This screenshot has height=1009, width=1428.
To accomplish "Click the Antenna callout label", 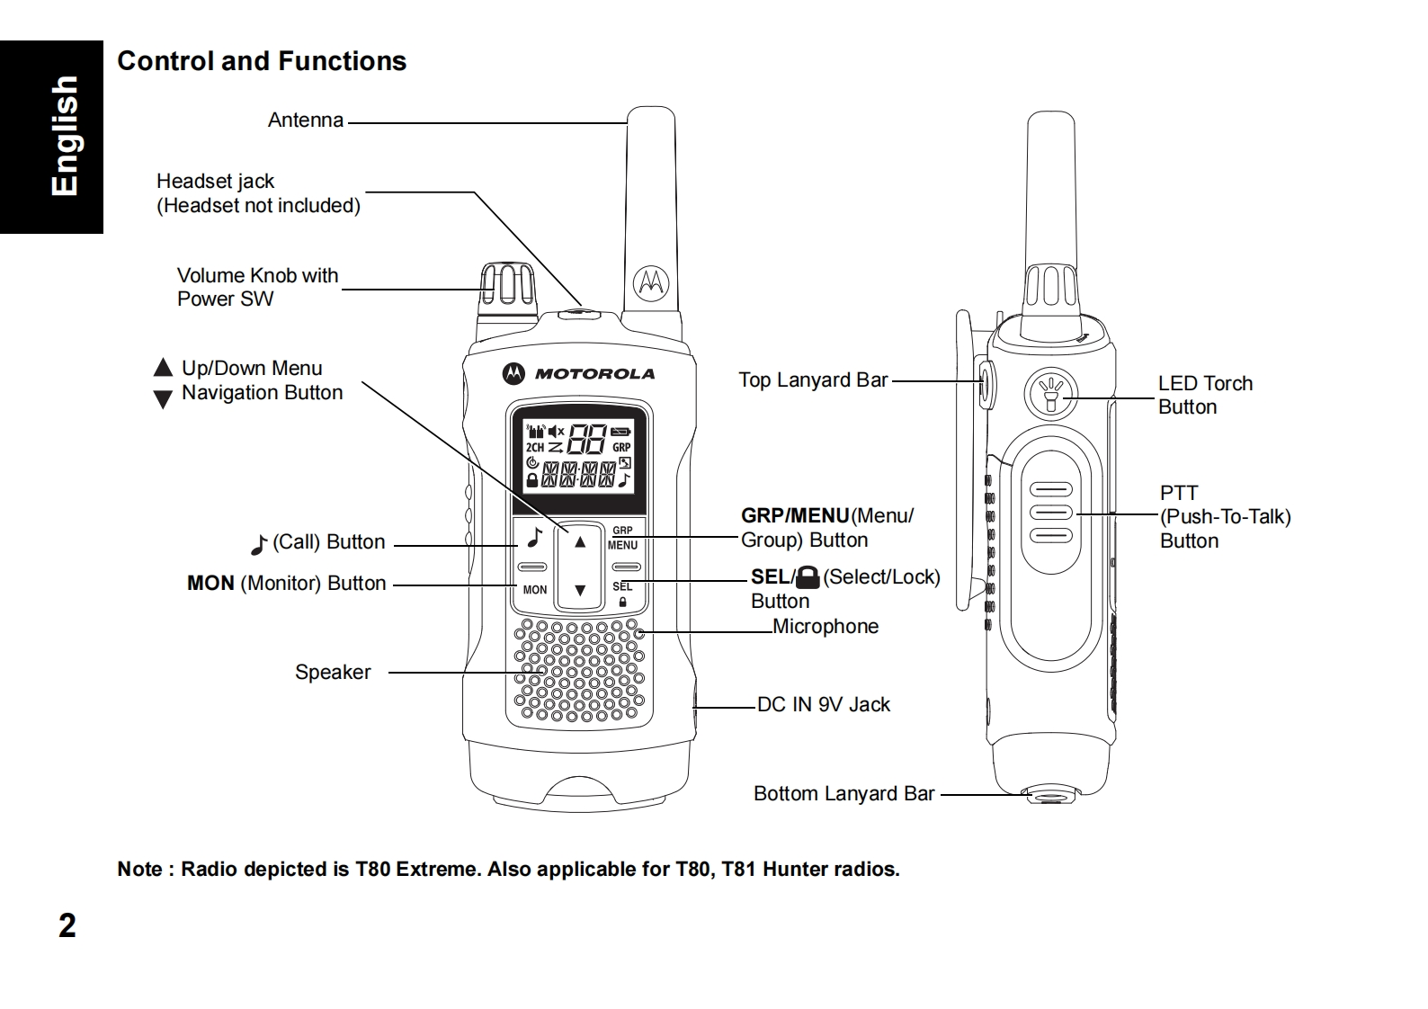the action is point(306,120).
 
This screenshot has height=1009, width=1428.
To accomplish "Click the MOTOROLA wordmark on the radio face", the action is point(594,374).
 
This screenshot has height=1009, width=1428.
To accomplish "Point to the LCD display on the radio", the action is point(579,456).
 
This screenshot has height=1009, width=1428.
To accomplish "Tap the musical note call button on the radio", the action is point(535,538).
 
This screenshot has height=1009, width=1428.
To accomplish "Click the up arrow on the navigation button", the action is point(579,542).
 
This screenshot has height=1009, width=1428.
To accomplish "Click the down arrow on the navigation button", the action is point(579,590).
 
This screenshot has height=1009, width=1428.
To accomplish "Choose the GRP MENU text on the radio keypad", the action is point(622,538).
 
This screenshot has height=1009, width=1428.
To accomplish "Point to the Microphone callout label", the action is point(826,627).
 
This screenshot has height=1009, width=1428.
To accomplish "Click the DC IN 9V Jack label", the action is point(824,704).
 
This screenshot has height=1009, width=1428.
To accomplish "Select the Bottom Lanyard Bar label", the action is point(844,793).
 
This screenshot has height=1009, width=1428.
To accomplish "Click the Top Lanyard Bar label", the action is point(813,379).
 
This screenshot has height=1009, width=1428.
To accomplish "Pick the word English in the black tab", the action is point(65,136).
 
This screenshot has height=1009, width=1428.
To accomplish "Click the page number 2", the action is point(67,925).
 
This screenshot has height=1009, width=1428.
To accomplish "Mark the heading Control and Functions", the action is point(262,61).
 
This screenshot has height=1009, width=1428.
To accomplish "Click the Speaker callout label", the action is point(333,673).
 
